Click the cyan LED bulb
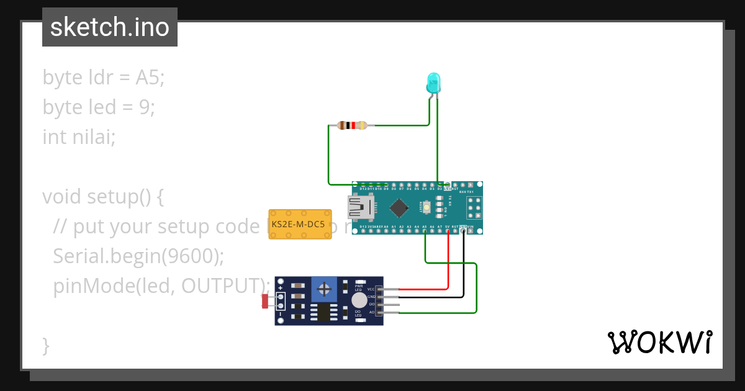tap(433, 83)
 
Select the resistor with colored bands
tap(352, 125)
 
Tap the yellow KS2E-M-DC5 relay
tap(299, 224)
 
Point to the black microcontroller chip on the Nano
tap(398, 208)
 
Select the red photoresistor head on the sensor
tap(265, 302)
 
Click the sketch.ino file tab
tap(110, 27)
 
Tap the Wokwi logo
tap(659, 343)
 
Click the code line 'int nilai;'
tap(79, 137)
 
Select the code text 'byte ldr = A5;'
tap(103, 78)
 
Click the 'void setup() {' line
tap(103, 197)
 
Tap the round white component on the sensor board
tap(359, 301)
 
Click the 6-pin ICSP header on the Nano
tap(474, 208)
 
